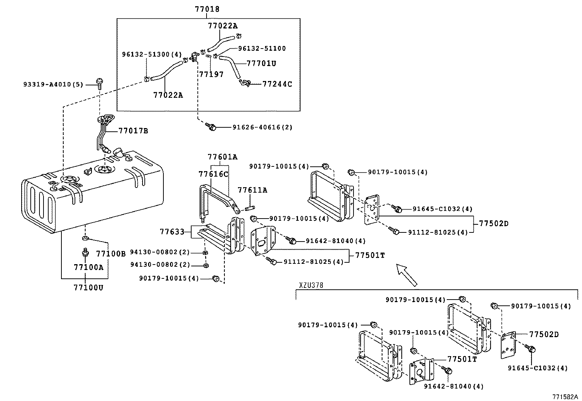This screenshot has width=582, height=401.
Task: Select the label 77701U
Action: (261, 63)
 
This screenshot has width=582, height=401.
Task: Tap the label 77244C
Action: (277, 84)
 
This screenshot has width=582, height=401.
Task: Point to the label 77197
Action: (211, 74)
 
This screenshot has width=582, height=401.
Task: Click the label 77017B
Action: (133, 131)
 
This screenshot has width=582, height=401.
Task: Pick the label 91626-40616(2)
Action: (262, 127)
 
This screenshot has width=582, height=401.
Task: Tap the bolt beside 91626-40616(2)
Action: (211, 127)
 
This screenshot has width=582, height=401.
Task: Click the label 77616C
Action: (213, 174)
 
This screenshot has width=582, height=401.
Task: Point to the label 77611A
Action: (252, 190)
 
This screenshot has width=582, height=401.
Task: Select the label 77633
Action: (172, 232)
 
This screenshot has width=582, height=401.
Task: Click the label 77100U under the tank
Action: (88, 288)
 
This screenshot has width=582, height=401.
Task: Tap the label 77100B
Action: (111, 253)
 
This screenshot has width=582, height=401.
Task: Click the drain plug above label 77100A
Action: (85, 252)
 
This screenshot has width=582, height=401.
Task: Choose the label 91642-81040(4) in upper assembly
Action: (336, 241)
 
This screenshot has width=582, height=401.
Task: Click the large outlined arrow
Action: (407, 275)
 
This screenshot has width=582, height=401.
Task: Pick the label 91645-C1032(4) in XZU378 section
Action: (537, 368)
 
